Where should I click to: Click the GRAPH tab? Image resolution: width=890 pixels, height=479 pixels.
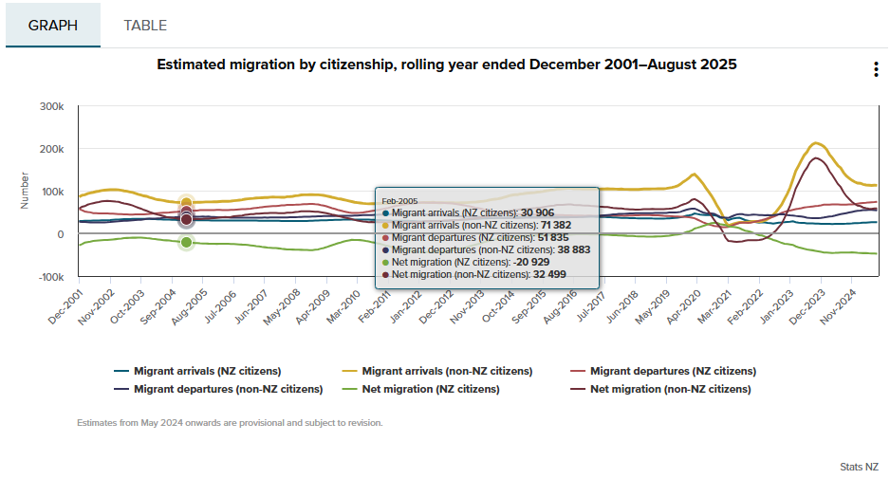click(53, 26)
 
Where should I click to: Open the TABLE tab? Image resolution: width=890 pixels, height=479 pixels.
click(145, 26)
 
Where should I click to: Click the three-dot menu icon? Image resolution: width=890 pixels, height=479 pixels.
click(875, 69)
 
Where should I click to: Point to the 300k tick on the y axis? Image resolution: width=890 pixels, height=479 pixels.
click(51, 106)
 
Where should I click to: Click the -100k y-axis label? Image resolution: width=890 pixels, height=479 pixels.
click(49, 277)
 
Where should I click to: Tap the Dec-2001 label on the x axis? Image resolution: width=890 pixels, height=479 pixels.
click(64, 306)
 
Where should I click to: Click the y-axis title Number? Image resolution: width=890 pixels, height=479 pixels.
click(25, 190)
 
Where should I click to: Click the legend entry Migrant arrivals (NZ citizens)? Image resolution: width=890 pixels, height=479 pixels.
click(212, 371)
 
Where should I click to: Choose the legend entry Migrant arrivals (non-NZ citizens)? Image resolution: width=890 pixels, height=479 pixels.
click(447, 371)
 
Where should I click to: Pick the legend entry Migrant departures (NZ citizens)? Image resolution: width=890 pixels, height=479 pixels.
click(673, 371)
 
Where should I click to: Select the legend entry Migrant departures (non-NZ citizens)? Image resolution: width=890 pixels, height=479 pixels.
click(228, 389)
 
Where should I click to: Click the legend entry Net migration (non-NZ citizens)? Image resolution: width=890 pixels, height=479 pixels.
click(670, 389)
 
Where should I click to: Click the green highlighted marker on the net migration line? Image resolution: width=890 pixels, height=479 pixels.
click(187, 243)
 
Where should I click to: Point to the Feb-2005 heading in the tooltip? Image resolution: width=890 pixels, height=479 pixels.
click(400, 201)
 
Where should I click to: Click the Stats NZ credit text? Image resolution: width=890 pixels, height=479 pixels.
click(859, 467)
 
